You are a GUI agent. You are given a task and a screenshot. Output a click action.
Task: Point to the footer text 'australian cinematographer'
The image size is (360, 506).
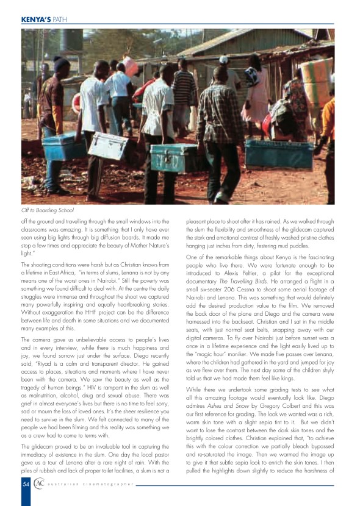[x=92, y=484]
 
